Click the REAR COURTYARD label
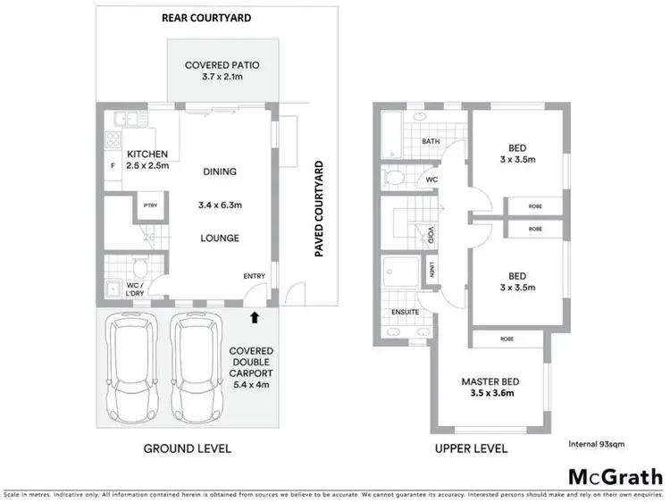click(x=205, y=17)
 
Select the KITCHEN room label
click(x=147, y=155)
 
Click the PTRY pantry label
click(x=147, y=207)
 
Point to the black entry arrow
click(x=256, y=315)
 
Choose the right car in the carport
click(x=197, y=369)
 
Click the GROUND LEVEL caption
click(x=188, y=448)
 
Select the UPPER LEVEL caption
click(x=471, y=448)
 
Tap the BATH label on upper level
click(x=431, y=141)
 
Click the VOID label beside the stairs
click(x=431, y=236)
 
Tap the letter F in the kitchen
click(x=112, y=167)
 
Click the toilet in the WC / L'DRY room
click(x=137, y=268)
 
